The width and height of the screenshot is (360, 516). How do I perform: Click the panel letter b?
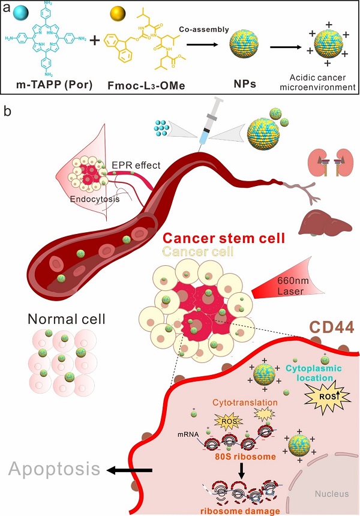[8, 112]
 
